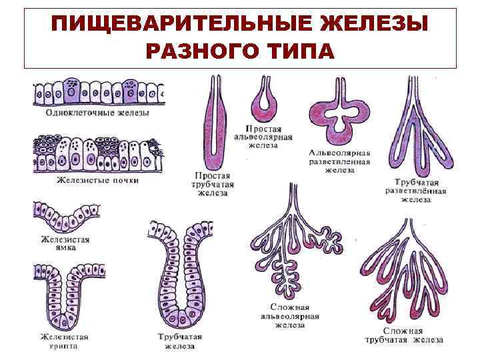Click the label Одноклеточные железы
pos(97,113)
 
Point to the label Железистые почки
pos(97,181)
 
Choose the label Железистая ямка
pos(65,243)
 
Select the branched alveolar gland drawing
pos(339,113)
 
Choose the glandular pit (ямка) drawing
pos(65,216)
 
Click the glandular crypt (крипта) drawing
pos(65,294)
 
